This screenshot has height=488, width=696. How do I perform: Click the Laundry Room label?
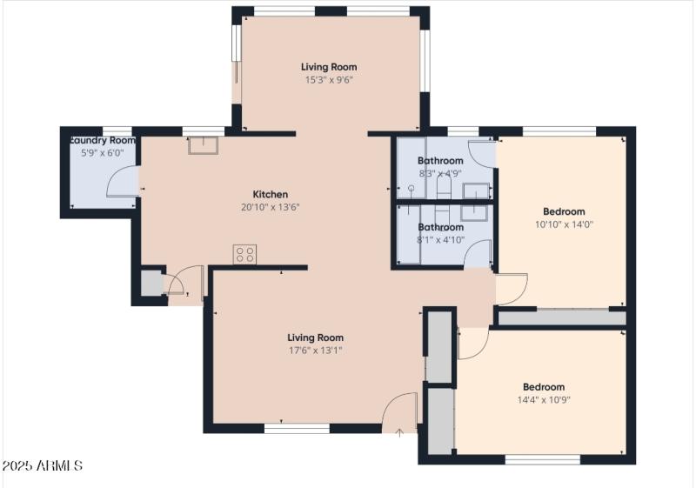(103, 140)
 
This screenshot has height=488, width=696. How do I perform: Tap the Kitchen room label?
(270, 194)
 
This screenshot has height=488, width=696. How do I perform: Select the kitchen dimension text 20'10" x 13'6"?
(270, 207)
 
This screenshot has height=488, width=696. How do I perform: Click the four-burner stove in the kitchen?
(245, 254)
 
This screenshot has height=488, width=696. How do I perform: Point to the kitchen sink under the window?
(201, 144)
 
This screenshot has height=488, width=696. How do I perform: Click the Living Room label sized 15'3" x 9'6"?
(329, 67)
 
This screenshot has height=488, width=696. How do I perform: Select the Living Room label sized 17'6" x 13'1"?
(315, 338)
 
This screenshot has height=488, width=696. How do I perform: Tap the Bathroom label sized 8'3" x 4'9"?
(439, 161)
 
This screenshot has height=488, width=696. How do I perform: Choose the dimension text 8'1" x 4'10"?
(440, 240)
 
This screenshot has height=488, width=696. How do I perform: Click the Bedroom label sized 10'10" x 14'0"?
(564, 211)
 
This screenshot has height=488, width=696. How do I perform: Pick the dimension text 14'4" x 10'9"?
(544, 400)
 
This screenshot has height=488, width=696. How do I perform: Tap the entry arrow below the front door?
(398, 431)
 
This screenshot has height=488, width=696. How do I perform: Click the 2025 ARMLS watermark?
(43, 466)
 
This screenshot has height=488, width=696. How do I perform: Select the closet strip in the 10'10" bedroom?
(561, 318)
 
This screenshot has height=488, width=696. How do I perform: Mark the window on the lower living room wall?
(297, 428)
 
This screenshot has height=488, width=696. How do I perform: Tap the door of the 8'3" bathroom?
(481, 153)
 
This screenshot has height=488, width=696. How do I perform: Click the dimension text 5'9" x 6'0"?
(103, 152)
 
